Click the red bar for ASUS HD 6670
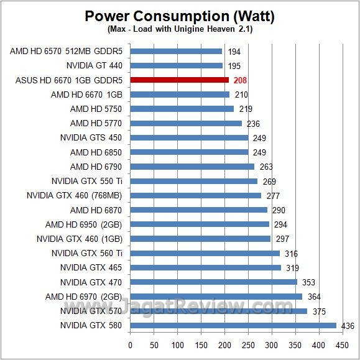point(179,80)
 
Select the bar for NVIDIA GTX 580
point(233,325)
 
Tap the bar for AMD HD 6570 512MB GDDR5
point(175,51)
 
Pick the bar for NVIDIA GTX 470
point(213,282)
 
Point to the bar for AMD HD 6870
point(198,210)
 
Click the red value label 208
point(241,80)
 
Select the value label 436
point(348,326)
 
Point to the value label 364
point(313,297)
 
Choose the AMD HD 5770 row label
point(96,123)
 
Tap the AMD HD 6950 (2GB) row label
point(83,224)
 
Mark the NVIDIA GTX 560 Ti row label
point(86,253)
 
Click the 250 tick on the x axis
point(248,344)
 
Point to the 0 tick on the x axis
point(130,344)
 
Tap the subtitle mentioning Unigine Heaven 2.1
point(180,29)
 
